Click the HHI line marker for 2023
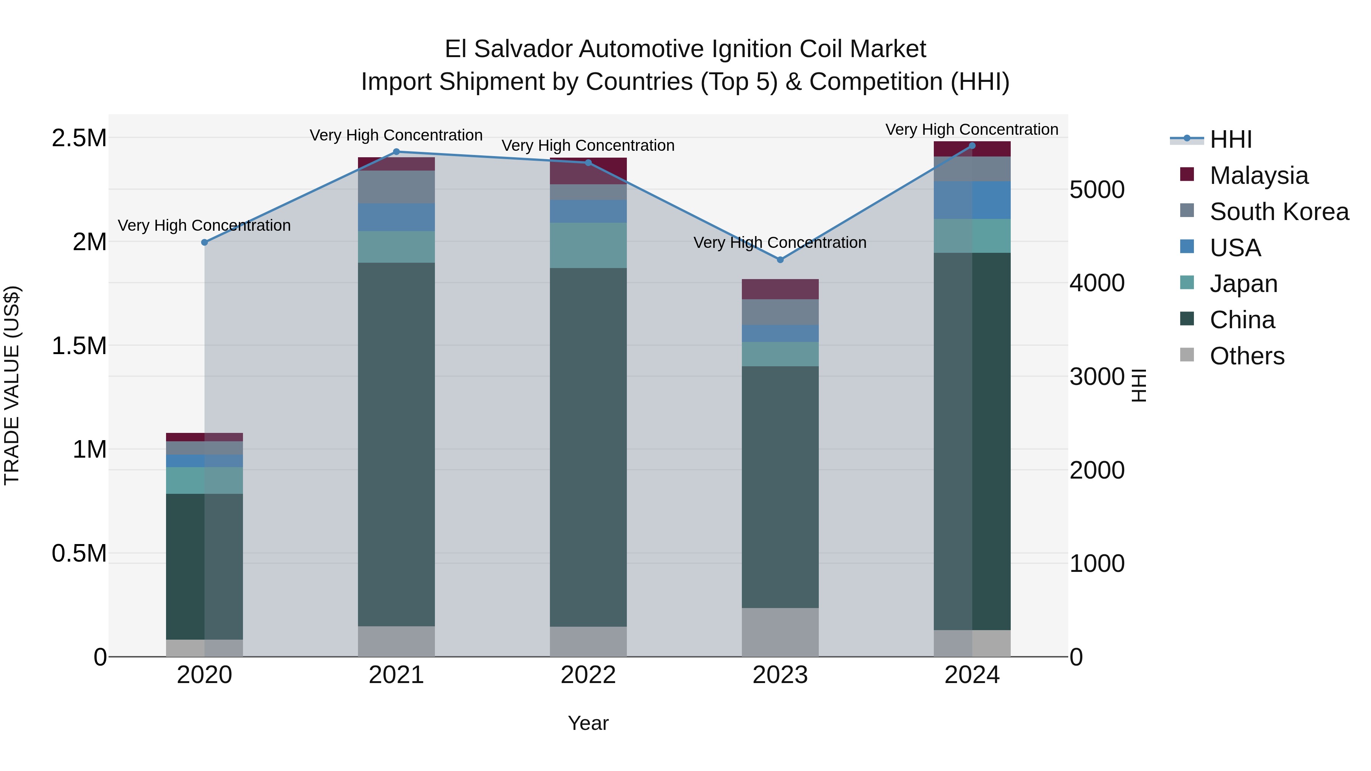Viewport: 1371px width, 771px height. tap(780, 260)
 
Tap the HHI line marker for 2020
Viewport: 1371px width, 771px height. tap(205, 242)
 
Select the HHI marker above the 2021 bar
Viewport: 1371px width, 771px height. tap(396, 152)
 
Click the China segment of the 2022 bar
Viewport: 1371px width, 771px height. tap(588, 447)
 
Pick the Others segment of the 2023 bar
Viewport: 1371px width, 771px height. tap(780, 632)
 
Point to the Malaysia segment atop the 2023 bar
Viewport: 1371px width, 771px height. tap(780, 289)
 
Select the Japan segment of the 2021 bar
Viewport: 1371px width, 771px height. tap(396, 247)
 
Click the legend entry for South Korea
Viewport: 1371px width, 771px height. tap(1279, 212)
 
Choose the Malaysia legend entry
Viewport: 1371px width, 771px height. tap(1259, 176)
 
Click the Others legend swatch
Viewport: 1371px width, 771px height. tap(1187, 355)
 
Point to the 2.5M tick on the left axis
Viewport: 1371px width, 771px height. tap(79, 138)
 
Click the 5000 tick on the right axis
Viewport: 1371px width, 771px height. tap(1097, 190)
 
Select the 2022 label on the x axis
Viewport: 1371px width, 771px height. tap(588, 675)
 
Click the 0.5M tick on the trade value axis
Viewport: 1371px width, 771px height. tap(79, 553)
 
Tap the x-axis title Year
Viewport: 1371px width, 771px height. tap(588, 723)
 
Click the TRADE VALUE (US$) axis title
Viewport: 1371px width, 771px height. tap(12, 385)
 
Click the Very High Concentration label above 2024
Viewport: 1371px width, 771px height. tap(972, 129)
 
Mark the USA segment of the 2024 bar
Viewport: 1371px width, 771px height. tap(972, 200)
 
